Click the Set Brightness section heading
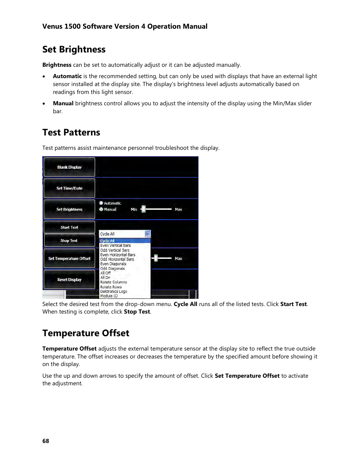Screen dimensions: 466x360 pos(74,49)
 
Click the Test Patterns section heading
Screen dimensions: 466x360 pos(71,132)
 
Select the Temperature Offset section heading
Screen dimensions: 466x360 pos(86,333)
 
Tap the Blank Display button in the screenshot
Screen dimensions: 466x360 pos(69,167)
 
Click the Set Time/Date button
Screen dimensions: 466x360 pos(69,188)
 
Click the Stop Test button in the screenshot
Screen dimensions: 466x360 pos(69,241)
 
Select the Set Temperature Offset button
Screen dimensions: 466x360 pos(69,259)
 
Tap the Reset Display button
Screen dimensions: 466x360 pos(69,280)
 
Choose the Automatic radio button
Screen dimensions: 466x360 pos(101,203)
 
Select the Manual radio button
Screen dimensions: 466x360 pos(101,209)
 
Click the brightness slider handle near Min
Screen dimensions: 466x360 pos(143,209)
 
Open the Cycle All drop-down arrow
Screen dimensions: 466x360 pos(148,234)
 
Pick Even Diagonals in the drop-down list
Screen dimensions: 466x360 pos(113,264)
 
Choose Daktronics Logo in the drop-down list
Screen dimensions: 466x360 pos(114,292)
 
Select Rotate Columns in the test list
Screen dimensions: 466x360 pos(114,282)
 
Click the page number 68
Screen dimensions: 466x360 pos(46,441)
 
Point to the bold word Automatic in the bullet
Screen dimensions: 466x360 pos(67,76)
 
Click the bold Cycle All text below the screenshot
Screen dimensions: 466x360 pos(185,304)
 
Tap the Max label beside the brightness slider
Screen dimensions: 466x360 pos(178,209)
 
